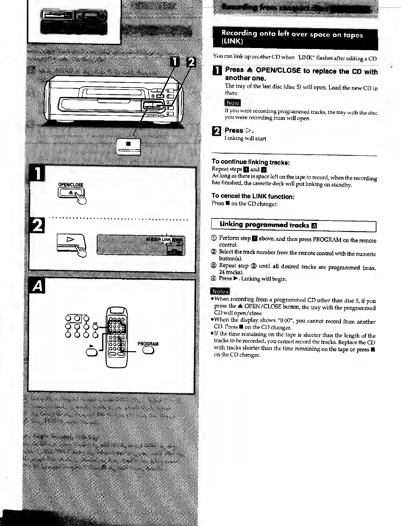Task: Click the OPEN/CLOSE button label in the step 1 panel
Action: (x=71, y=185)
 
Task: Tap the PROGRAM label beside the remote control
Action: (x=148, y=344)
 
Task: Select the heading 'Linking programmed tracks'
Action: (x=264, y=225)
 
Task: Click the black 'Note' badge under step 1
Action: (x=233, y=103)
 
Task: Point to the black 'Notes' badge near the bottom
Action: (x=221, y=291)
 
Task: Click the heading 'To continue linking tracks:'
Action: (x=251, y=162)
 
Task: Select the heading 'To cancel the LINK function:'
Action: (x=253, y=197)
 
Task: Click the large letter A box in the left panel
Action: (x=38, y=286)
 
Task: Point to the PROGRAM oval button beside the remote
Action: (x=148, y=350)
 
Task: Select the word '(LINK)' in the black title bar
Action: (x=232, y=42)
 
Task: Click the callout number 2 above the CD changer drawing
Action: (x=190, y=63)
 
